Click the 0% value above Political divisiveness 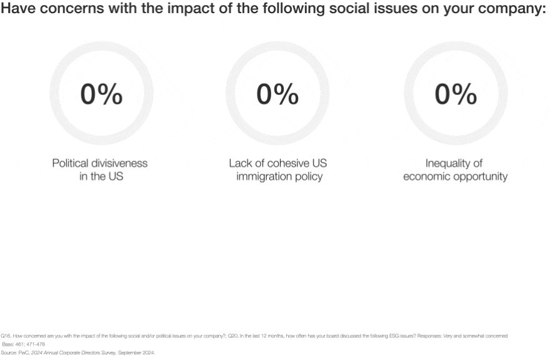pos(101,94)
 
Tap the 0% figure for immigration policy pos(277,94)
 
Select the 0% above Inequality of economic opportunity pos(456,94)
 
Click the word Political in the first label pos(71,163)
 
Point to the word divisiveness pos(119,163)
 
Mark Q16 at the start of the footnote pos(5,336)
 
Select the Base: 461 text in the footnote pos(12,344)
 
